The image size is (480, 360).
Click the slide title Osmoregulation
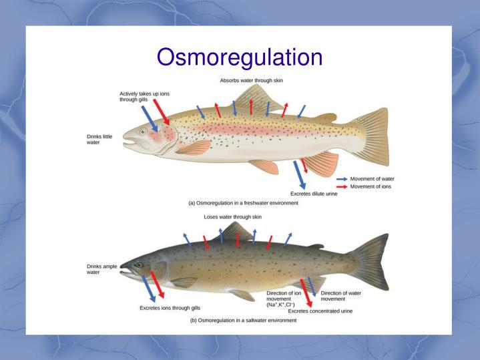coord(240,57)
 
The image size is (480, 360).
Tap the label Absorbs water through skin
coord(252,81)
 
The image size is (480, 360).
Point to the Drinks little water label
coord(99,140)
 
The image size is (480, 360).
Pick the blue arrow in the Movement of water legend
coord(341,179)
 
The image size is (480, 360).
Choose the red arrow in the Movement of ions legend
coord(341,186)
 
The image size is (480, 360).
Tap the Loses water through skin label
coord(232,217)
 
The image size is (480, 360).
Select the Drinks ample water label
coord(101,269)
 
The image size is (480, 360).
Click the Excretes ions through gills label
coord(170,308)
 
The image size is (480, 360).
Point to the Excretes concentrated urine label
coord(320,311)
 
